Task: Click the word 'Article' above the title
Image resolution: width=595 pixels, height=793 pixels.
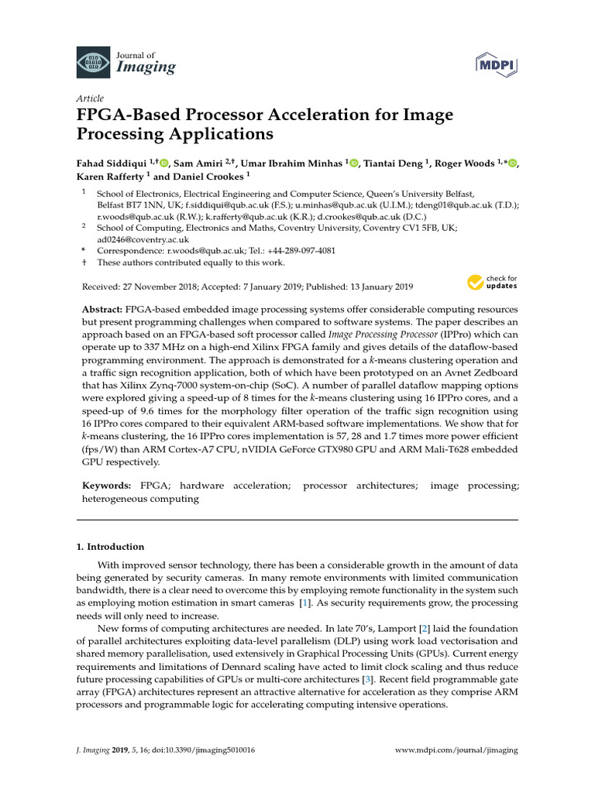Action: (x=90, y=99)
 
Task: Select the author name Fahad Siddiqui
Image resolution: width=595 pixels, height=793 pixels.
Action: (x=111, y=163)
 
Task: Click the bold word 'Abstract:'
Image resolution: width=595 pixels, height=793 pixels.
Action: (x=105, y=309)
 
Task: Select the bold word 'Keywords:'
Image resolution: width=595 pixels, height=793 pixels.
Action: (x=107, y=486)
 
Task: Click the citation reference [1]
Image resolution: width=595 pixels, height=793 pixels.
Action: (x=307, y=602)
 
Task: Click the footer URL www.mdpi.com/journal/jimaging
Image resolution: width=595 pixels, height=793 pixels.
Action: (x=456, y=750)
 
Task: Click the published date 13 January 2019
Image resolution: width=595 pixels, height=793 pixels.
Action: (x=376, y=285)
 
